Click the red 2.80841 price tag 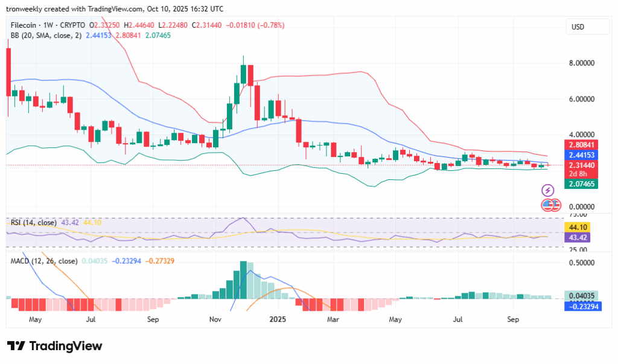tap(581, 145)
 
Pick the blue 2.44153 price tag tap(581, 155)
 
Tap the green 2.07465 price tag tap(581, 184)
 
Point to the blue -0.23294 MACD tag tap(581, 306)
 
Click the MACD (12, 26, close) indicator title tap(44, 261)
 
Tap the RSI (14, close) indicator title tap(34, 223)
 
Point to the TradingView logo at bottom tap(55, 346)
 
